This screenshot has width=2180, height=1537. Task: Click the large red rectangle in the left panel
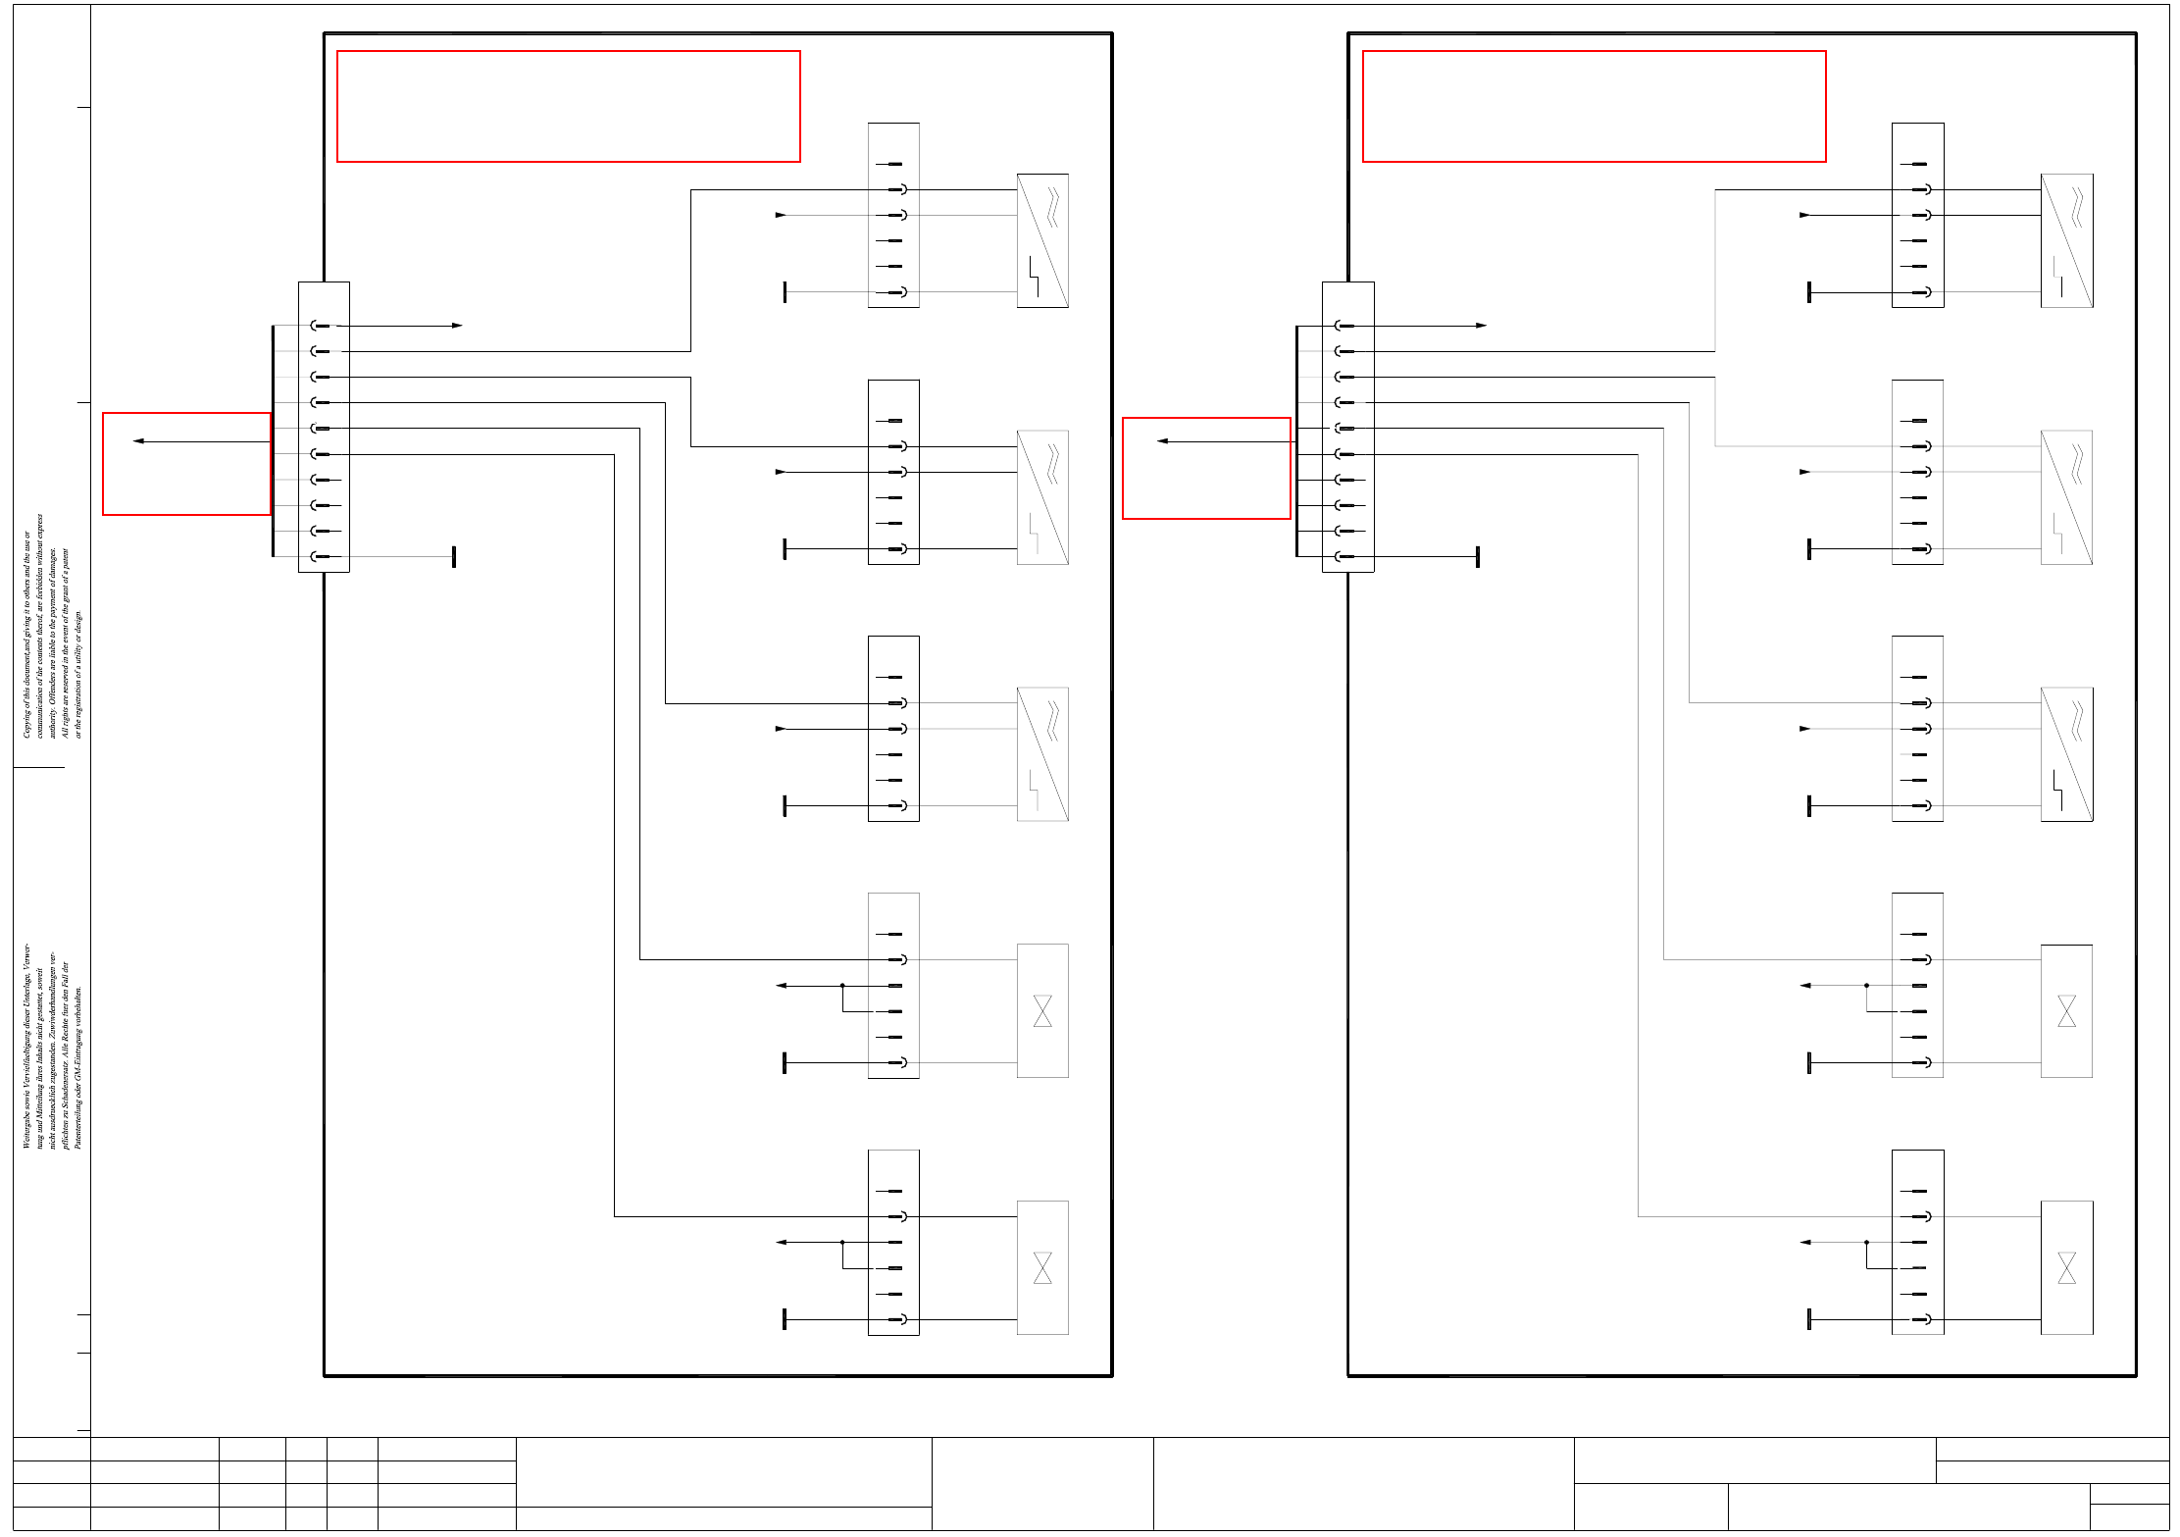coord(568,106)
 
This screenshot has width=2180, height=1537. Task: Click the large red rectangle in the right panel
coord(1594,106)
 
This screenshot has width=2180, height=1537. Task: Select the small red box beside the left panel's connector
coord(186,464)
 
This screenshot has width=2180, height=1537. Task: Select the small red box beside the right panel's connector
coord(1206,468)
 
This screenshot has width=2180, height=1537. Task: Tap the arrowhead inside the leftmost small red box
coord(138,441)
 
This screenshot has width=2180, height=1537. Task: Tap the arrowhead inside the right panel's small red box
coord(1162,441)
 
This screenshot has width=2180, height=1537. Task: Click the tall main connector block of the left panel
coord(324,427)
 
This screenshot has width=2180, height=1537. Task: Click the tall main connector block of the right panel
coord(1347,427)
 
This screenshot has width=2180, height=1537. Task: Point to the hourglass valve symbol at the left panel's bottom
coord(1042,1267)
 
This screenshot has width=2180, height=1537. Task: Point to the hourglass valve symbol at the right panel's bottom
coord(2066,1267)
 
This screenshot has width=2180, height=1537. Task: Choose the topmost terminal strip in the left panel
coord(893,215)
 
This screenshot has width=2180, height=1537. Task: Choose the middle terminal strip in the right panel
coord(1917,728)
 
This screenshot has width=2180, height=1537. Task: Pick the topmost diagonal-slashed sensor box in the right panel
coord(2066,240)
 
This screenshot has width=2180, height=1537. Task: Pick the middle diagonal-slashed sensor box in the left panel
coord(1042,497)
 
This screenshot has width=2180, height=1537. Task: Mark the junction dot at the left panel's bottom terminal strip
coord(842,1242)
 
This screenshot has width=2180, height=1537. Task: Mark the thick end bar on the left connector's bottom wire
coord(454,557)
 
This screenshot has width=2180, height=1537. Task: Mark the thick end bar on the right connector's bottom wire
coord(1478,557)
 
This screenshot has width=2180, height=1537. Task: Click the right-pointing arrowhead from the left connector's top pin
coord(457,326)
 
